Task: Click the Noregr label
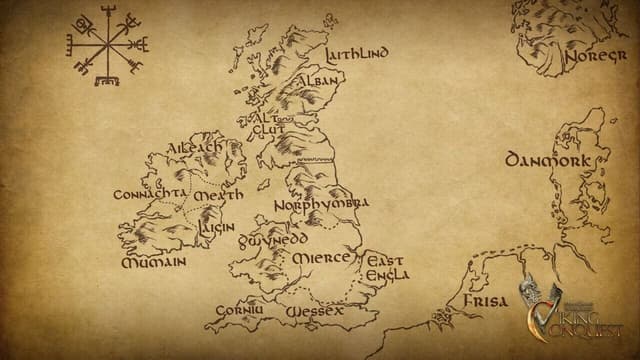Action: pyautogui.click(x=596, y=57)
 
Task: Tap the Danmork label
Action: pyautogui.click(x=540, y=160)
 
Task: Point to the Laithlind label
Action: pyautogui.click(x=357, y=53)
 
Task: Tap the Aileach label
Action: pyautogui.click(x=195, y=148)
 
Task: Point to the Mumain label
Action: pyautogui.click(x=153, y=262)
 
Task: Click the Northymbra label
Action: pyautogui.click(x=321, y=204)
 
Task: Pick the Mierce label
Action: pyautogui.click(x=322, y=258)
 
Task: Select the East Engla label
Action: pyautogui.click(x=385, y=268)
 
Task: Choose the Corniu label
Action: pyautogui.click(x=241, y=310)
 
